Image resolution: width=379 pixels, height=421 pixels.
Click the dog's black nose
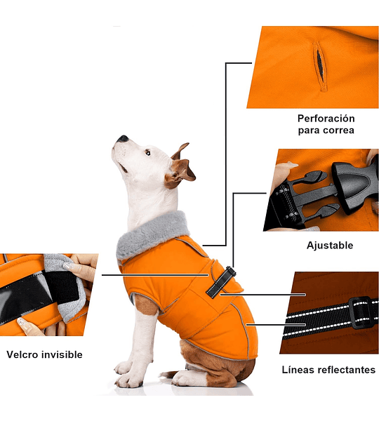124,138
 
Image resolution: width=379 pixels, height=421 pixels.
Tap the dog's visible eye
147,153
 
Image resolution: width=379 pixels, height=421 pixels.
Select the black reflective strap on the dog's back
221,282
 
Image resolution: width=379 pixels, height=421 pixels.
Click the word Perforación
326,119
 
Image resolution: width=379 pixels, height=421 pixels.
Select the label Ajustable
330,246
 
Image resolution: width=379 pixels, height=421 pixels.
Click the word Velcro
22,354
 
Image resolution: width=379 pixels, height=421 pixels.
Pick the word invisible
62,354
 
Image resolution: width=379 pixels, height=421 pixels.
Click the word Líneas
298,370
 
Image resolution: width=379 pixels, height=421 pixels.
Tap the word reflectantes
347,370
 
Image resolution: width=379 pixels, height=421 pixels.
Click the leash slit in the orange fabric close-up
319,67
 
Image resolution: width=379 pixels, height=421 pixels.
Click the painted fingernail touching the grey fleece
68,266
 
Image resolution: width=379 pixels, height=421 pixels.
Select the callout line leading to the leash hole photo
225,154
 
